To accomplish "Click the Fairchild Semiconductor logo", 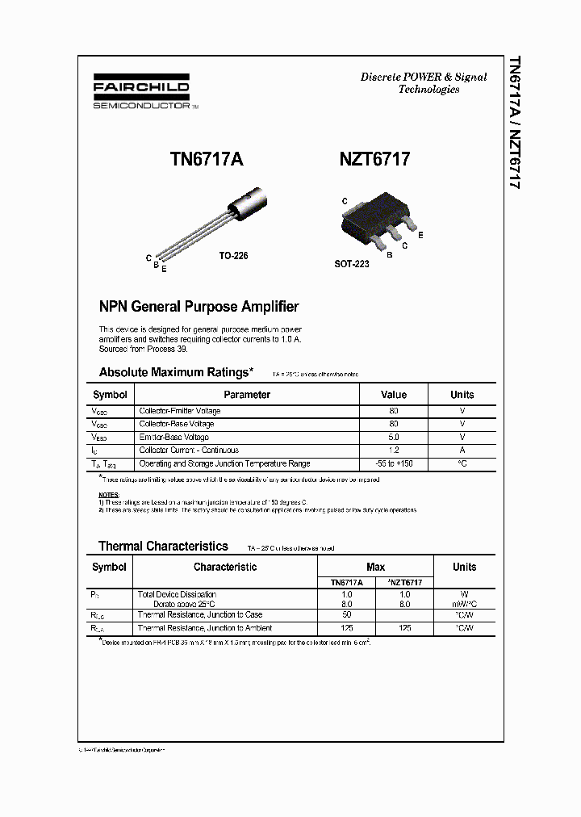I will pos(141,94).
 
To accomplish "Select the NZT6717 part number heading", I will pos(374,160).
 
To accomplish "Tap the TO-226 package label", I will pos(233,255).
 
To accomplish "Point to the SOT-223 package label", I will pos(352,264).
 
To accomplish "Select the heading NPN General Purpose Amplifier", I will pos(199,307).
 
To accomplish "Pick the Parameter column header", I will pos(247,395).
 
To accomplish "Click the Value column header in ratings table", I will pos(394,395).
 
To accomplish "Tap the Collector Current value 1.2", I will pos(394,450).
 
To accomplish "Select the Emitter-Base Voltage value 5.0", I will pos(394,438).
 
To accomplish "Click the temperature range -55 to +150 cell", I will pos(394,464).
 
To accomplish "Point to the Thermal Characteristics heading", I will pos(163,547).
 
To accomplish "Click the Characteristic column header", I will pos(225,567).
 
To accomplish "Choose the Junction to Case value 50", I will pos(346,615).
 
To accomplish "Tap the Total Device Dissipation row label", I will pos(177,595).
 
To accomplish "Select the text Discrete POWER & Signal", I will pos(424,78).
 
